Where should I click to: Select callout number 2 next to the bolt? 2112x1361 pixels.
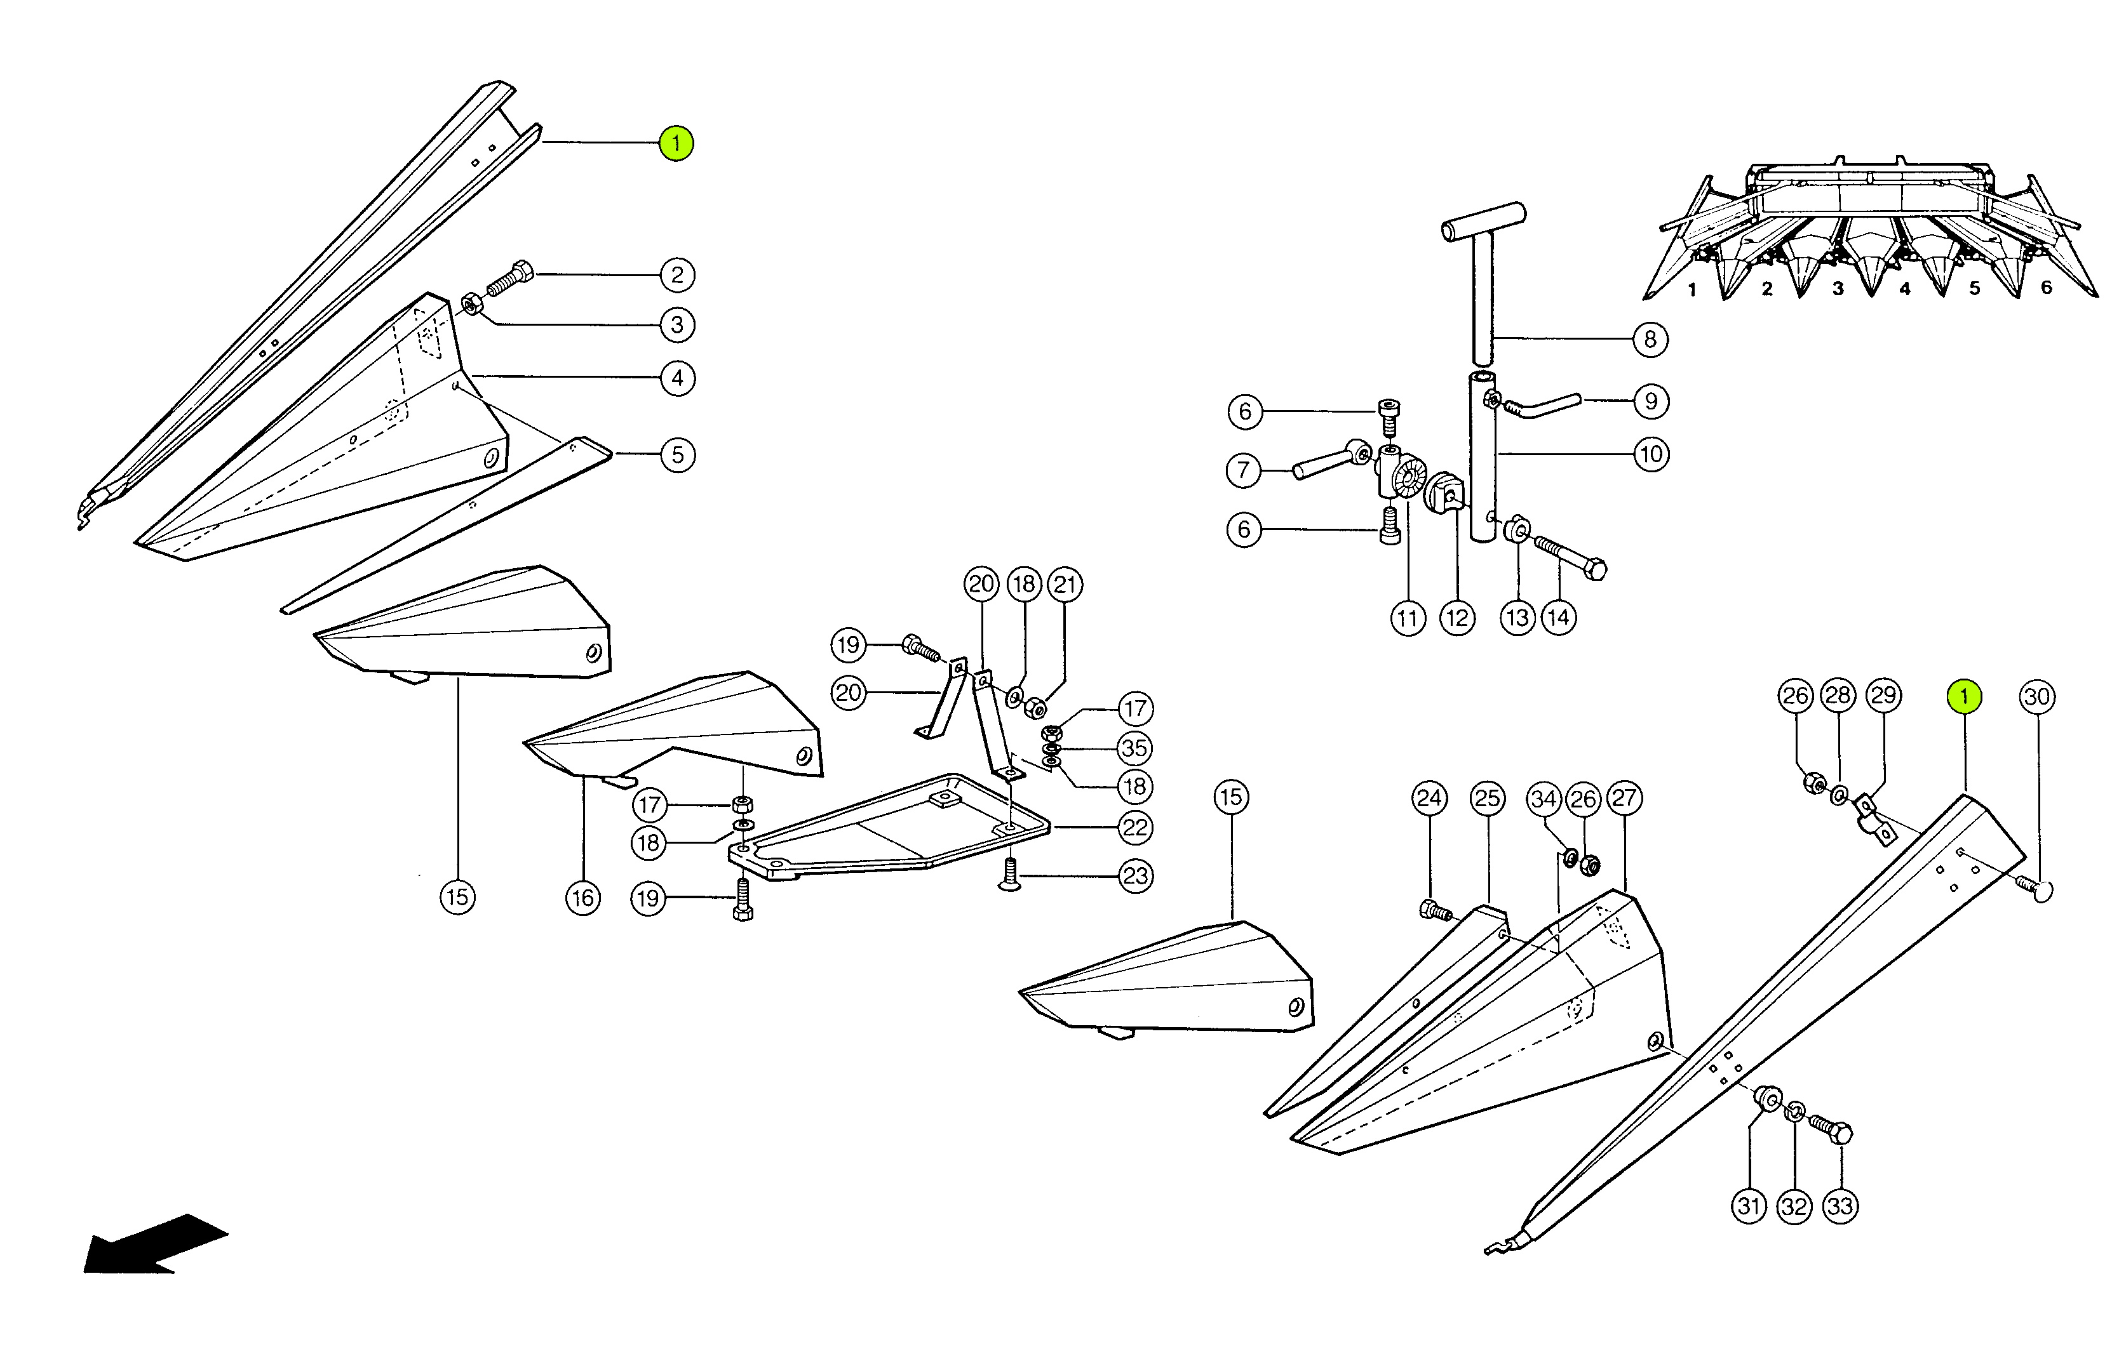(x=677, y=275)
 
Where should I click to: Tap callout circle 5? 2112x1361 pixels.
(x=677, y=455)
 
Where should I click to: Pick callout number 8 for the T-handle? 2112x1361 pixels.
(x=1650, y=340)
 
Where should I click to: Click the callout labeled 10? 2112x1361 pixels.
(x=1650, y=455)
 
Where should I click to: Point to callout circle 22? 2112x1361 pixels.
(x=1135, y=827)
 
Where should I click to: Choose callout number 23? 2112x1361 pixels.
(x=1135, y=876)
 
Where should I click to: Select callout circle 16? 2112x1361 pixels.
(x=582, y=898)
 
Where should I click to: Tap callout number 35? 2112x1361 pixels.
(x=1134, y=748)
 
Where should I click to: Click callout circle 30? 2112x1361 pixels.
(x=2037, y=696)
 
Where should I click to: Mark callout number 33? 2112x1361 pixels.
(x=1839, y=1206)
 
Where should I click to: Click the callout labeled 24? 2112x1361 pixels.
(x=1430, y=798)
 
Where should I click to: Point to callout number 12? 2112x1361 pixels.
(x=1457, y=618)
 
